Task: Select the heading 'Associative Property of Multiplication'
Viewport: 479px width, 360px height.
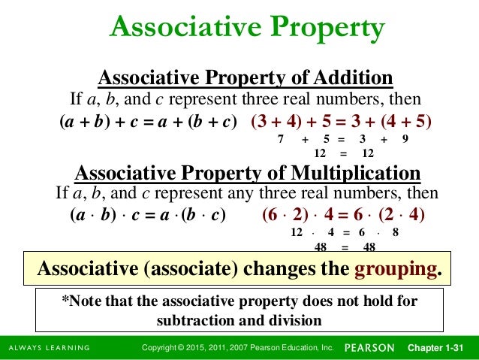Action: click(x=248, y=173)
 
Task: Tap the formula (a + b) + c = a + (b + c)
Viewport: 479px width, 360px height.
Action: click(x=149, y=122)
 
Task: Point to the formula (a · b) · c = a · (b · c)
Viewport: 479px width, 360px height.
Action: click(x=148, y=215)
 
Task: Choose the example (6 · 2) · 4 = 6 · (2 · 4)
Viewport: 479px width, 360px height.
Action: click(x=344, y=215)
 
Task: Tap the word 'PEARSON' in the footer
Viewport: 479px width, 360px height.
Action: click(x=371, y=348)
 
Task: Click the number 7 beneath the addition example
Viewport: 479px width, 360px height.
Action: click(x=280, y=140)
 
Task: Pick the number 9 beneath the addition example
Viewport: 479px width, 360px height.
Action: click(x=405, y=140)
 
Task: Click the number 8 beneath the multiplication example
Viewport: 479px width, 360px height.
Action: click(x=396, y=233)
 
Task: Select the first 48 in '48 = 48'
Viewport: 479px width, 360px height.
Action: click(x=318, y=247)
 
